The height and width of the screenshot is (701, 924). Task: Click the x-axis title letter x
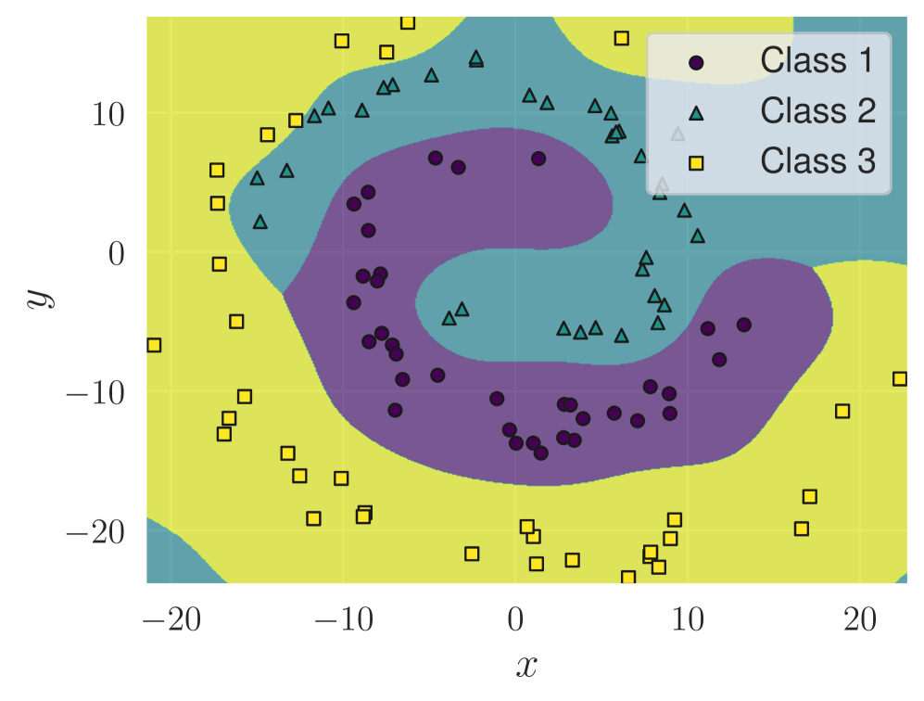pos(526,663)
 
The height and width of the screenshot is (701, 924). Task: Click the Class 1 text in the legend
pos(816,61)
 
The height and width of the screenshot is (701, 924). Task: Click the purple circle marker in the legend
pos(697,63)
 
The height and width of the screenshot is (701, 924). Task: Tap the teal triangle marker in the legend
pos(697,113)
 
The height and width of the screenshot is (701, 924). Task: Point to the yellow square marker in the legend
pos(697,163)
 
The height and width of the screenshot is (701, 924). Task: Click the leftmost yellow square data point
pos(154,345)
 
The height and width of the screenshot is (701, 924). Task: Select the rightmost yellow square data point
pos(899,378)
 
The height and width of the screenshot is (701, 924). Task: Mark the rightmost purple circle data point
pos(743,325)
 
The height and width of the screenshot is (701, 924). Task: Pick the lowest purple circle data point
pos(541,452)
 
